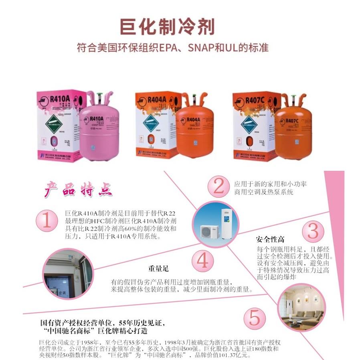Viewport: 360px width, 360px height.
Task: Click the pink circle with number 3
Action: pos(313,231)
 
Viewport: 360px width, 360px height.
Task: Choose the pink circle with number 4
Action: pos(202,261)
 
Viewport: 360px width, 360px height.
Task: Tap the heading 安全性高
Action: pos(270,240)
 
